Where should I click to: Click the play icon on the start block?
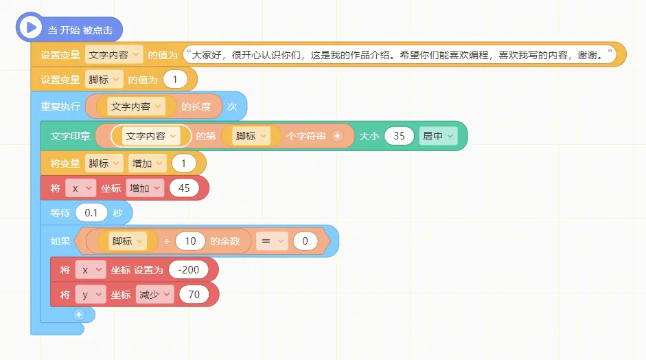[x=29, y=27]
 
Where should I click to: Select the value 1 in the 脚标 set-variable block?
[x=175, y=80]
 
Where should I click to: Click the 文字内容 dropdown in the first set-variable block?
[x=114, y=54]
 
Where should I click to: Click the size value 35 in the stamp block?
[x=399, y=136]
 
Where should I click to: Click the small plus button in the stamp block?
[x=337, y=136]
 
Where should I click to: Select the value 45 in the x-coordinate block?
[x=184, y=188]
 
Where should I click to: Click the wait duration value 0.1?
[x=91, y=213]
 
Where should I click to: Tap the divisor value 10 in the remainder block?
[x=190, y=241]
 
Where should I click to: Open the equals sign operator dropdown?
[x=272, y=241]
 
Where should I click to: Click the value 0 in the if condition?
[x=305, y=241]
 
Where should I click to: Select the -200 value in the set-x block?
[x=188, y=270]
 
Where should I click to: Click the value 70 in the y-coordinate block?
[x=194, y=295]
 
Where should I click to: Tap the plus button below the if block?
[x=79, y=314]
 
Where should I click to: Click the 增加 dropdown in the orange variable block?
[x=148, y=164]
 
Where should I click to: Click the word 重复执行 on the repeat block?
[x=60, y=106]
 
